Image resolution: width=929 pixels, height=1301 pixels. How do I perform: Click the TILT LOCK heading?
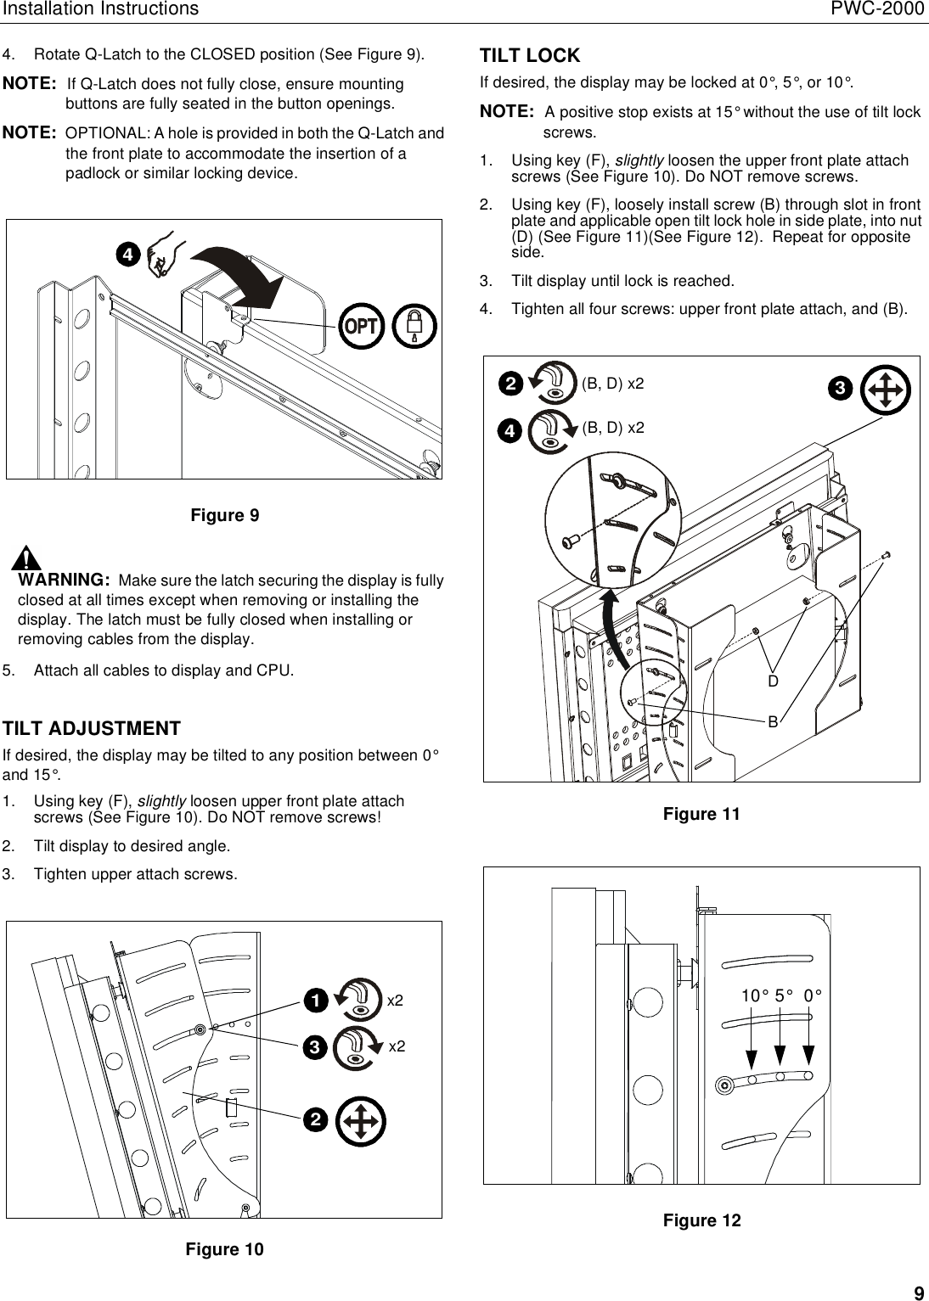530,56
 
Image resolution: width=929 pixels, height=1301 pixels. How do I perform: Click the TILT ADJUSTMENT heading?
92,729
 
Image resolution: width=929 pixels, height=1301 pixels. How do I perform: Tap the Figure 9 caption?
224,516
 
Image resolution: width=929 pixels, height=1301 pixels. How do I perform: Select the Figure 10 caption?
224,1249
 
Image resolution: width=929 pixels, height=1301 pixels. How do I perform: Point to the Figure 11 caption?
701,815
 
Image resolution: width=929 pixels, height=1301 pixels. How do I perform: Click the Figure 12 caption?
701,1220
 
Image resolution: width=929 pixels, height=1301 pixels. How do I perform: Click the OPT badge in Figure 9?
362,326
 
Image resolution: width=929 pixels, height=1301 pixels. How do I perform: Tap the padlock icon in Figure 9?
415,326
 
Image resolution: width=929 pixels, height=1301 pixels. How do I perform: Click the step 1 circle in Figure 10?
314,1001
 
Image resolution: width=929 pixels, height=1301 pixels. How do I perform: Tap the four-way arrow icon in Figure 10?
360,1122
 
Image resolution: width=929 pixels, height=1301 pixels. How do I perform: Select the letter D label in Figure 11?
773,681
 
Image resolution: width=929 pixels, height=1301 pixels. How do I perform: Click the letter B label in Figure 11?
773,721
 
